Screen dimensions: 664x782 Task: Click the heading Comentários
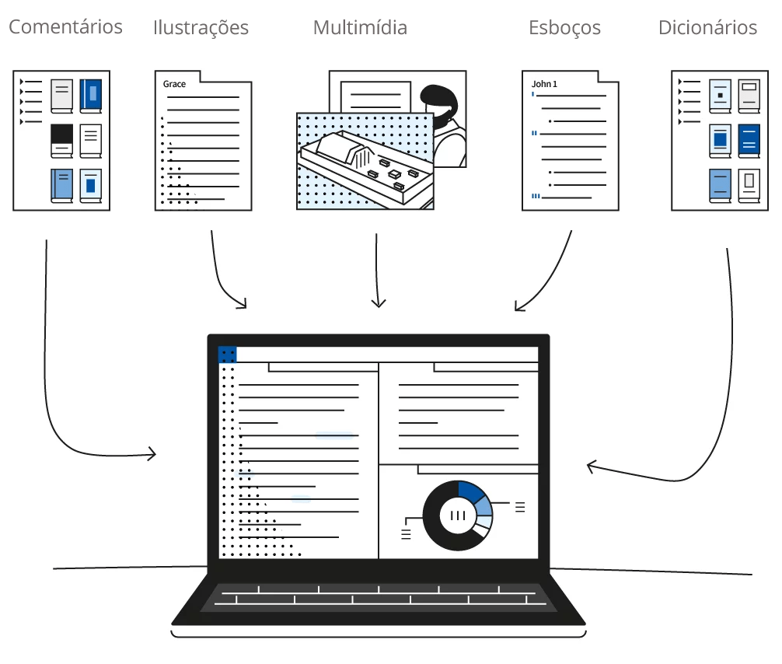(x=65, y=27)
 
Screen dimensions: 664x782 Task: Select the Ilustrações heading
(x=201, y=28)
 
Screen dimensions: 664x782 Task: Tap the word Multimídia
(x=360, y=28)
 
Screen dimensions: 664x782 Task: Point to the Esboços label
(x=564, y=28)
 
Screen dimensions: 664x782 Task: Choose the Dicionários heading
(x=707, y=28)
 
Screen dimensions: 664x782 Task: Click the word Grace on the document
(x=174, y=83)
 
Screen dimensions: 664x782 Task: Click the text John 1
(x=544, y=83)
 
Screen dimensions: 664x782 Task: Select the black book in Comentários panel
(x=61, y=138)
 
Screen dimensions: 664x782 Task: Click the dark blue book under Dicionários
(x=749, y=140)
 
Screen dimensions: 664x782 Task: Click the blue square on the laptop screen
(x=228, y=355)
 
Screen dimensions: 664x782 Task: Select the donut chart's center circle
(x=458, y=515)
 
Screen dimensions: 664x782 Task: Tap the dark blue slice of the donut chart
(x=470, y=491)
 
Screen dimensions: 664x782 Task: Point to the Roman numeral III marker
(x=536, y=197)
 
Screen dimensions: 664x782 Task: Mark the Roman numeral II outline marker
(x=534, y=134)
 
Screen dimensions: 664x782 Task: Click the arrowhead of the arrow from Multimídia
(x=378, y=304)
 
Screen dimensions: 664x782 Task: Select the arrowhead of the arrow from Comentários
(x=153, y=453)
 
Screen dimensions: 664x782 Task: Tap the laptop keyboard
(x=378, y=598)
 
